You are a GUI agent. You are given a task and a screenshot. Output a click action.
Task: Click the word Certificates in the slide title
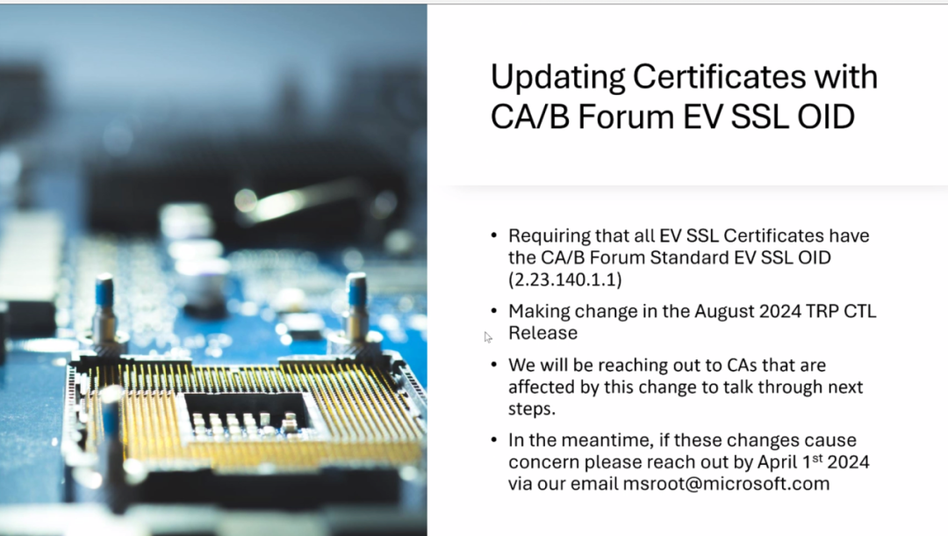coord(719,76)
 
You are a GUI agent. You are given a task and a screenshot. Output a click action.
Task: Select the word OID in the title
coord(826,117)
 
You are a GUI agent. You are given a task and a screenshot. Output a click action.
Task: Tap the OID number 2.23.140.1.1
coord(565,279)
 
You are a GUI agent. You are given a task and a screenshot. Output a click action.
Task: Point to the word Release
coord(543,333)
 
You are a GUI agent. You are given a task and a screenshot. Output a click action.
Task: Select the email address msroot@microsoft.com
coord(726,484)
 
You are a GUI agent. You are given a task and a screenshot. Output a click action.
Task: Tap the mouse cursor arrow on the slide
coord(487,337)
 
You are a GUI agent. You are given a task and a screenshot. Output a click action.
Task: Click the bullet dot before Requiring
coord(494,236)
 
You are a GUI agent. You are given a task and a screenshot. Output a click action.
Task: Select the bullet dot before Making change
coord(494,312)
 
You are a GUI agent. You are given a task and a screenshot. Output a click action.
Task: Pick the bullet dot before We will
coord(494,366)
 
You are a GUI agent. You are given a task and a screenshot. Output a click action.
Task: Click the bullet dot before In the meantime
coord(494,440)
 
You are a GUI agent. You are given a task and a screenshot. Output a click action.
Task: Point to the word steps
coord(531,409)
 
